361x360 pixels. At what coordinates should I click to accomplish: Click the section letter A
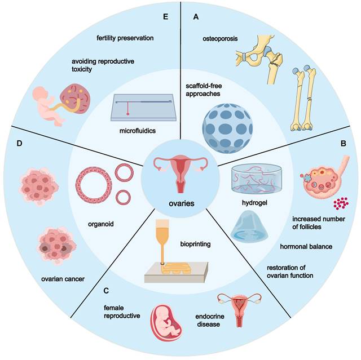pos(196,17)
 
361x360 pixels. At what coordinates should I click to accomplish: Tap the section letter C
pos(107,292)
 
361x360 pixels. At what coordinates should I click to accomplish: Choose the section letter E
pos(165,17)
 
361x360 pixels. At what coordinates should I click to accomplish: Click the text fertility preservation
pos(125,38)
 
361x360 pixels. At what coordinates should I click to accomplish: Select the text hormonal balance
pos(306,246)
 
